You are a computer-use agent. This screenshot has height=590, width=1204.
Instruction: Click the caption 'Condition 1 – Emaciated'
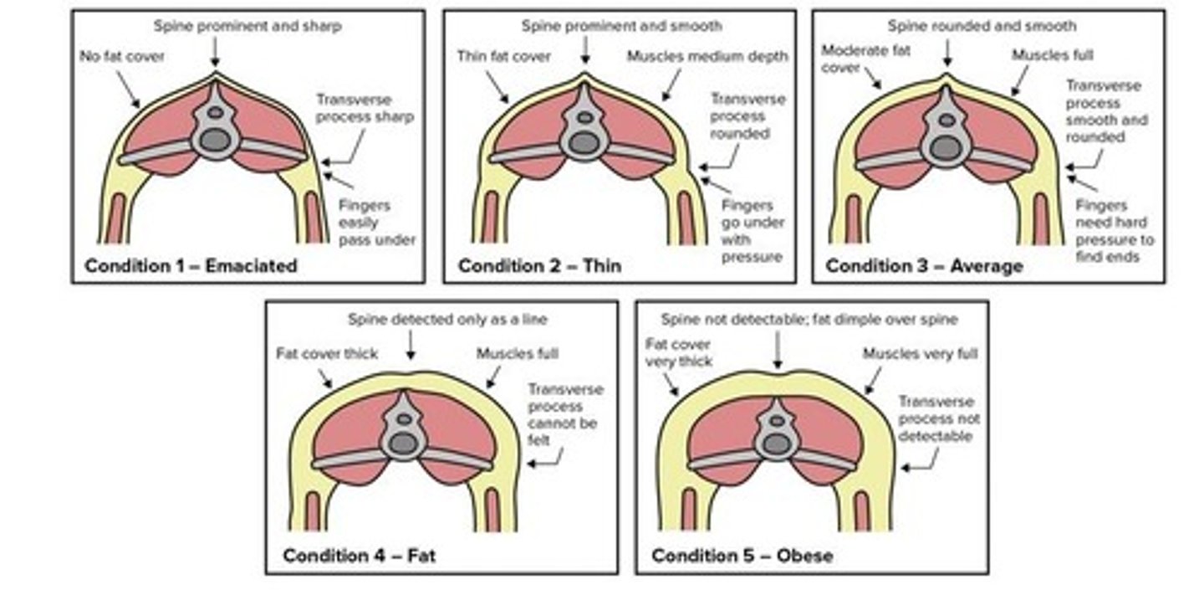(191, 267)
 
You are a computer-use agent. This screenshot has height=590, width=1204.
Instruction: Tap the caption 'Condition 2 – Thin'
(539, 267)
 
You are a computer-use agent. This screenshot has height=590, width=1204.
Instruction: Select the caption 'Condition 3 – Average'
(924, 267)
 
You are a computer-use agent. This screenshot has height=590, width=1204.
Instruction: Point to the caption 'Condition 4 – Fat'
(359, 556)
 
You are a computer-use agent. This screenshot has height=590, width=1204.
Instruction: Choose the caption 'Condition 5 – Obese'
(742, 556)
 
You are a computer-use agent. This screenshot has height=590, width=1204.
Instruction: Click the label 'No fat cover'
(122, 58)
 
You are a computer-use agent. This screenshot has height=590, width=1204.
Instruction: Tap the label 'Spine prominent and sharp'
(247, 26)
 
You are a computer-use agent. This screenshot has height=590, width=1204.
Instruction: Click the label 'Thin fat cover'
(504, 56)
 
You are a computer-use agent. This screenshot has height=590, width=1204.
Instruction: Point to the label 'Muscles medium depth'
(707, 56)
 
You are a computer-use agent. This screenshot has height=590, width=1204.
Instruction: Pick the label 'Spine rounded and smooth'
(982, 26)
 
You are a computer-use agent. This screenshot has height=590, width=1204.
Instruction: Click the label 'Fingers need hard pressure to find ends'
(1114, 231)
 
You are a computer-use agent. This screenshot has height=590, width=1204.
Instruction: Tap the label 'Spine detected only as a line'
(448, 320)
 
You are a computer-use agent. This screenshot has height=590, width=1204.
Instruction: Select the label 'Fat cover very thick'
(678, 352)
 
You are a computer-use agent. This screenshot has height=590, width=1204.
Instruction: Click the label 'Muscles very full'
(920, 353)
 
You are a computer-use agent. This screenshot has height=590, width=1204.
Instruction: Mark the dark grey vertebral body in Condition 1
(215, 139)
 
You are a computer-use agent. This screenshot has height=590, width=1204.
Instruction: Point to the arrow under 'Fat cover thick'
(326, 377)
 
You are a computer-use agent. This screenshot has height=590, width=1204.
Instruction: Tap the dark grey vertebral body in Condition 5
(778, 444)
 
